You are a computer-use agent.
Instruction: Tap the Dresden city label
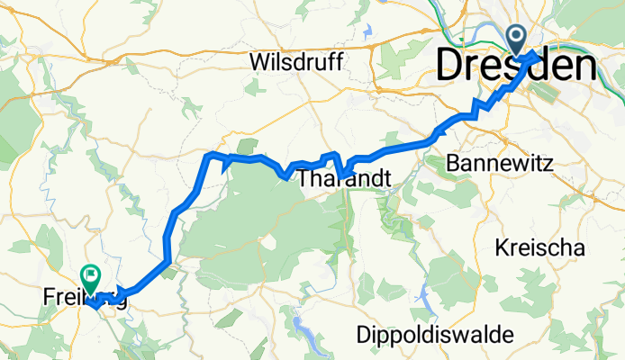tap(516, 65)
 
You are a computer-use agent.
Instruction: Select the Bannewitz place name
tap(493, 163)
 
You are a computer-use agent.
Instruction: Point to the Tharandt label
tap(345, 179)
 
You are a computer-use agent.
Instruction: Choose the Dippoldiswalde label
tap(435, 334)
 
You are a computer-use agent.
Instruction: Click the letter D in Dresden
tap(453, 65)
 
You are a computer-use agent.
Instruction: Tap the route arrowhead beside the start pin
tap(535, 57)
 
